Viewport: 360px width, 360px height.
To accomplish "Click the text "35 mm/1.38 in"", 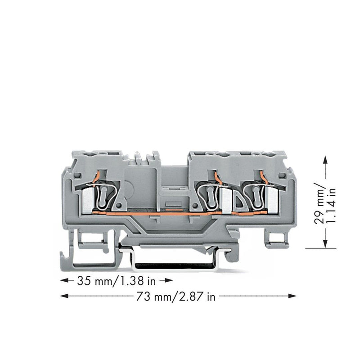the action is (117, 281).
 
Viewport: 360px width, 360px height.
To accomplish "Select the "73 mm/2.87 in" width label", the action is (176, 297).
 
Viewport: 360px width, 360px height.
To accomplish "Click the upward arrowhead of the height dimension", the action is (325, 159).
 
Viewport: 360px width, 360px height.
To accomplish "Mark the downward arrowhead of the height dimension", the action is (325, 244).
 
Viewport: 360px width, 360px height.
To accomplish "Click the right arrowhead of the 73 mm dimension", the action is (292, 296).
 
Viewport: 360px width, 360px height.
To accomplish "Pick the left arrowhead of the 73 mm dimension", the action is (64, 296).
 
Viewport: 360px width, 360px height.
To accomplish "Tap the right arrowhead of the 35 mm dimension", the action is (169, 280).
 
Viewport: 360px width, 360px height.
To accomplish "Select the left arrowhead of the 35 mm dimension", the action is (64, 280).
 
